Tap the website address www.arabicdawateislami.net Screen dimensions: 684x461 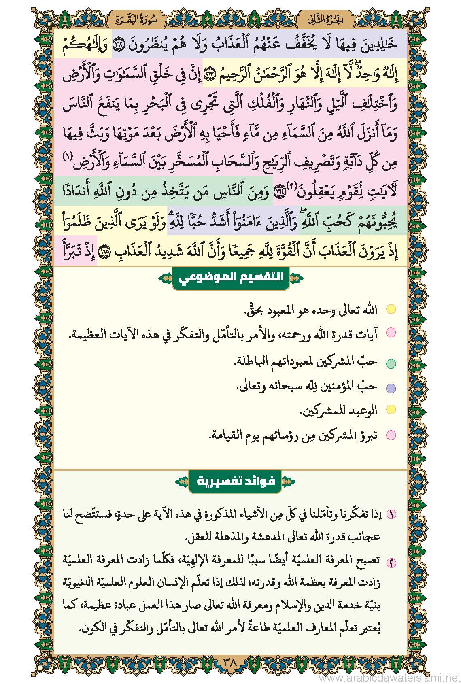click(389, 678)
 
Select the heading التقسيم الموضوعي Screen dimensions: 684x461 click(231, 278)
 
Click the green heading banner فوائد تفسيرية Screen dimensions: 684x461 click(235, 481)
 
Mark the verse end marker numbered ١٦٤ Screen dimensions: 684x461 click(279, 192)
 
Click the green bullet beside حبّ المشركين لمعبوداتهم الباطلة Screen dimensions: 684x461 click(391, 363)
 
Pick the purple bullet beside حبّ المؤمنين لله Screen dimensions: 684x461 click(391, 389)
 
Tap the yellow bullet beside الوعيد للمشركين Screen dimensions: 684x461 click(391, 410)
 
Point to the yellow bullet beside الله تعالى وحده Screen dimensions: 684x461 click(391, 310)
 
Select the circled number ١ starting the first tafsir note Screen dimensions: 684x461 click(391, 515)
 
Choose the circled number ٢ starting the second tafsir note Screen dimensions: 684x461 click(391, 562)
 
